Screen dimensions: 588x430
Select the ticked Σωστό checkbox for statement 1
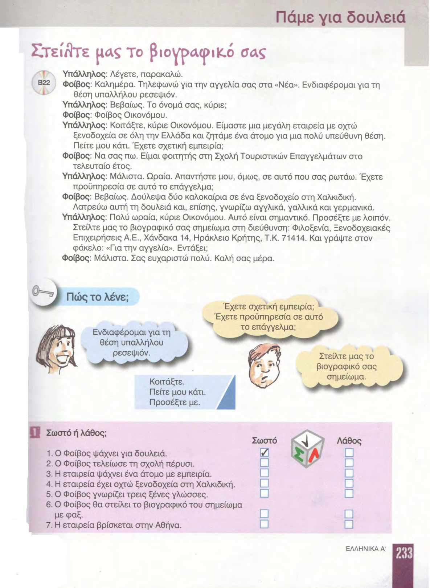265,453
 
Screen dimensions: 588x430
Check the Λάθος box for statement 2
349,463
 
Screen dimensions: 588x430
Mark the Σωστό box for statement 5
264,494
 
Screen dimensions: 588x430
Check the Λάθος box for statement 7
349,524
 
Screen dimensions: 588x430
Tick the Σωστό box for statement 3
264,473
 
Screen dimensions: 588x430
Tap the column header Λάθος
349,441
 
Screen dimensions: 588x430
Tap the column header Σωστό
264,441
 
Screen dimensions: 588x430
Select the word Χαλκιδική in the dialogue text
336,197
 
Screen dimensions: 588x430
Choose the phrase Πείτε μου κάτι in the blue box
177,392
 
